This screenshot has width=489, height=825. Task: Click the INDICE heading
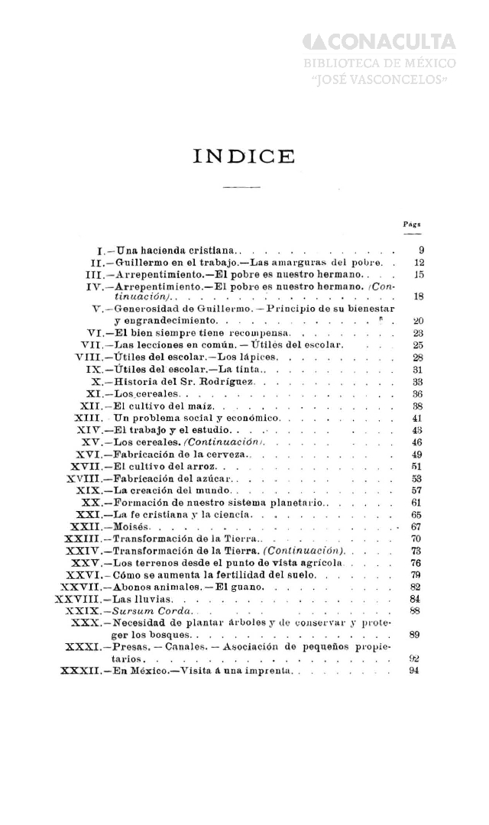pyautogui.click(x=244, y=157)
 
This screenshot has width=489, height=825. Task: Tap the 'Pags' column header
pyautogui.click(x=413, y=225)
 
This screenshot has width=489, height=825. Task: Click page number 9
pyautogui.click(x=421, y=250)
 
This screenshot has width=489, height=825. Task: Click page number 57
pyautogui.click(x=416, y=490)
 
